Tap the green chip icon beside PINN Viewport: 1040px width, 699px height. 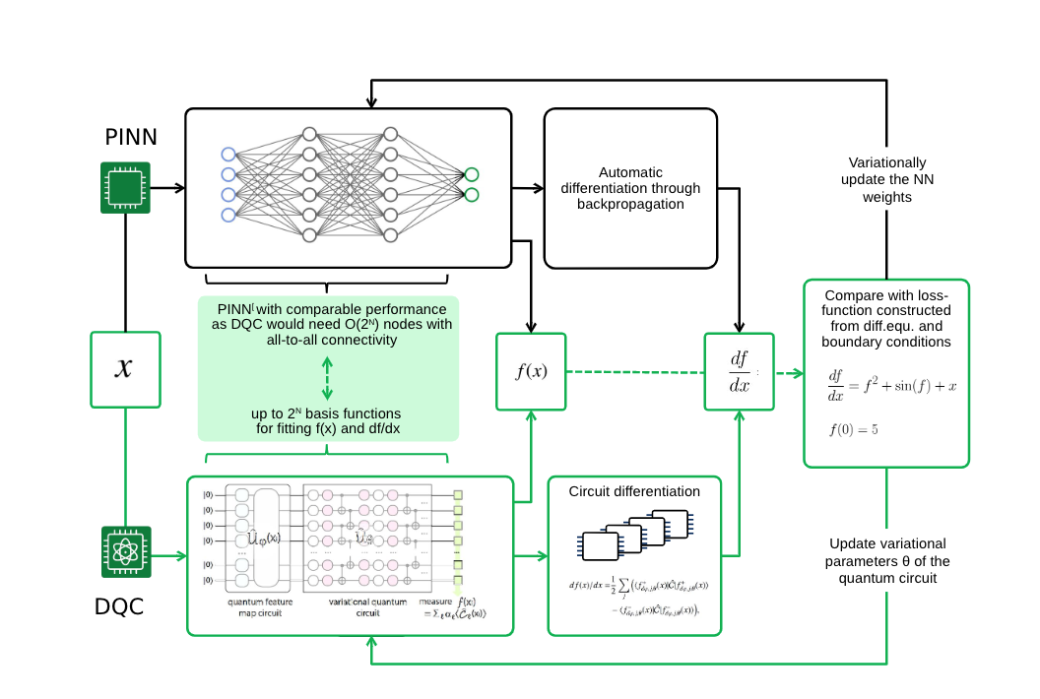pyautogui.click(x=125, y=187)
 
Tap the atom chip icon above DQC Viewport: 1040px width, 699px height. pyautogui.click(x=125, y=552)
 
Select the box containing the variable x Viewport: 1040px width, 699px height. pyautogui.click(x=125, y=369)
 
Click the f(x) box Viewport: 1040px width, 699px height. pyautogui.click(x=531, y=371)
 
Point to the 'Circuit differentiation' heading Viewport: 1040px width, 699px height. pyautogui.click(x=634, y=491)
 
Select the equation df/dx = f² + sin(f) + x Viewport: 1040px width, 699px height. pyautogui.click(x=892, y=385)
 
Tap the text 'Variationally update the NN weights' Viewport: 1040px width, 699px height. pyautogui.click(x=886, y=180)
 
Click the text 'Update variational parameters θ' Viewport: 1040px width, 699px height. pyautogui.click(x=887, y=561)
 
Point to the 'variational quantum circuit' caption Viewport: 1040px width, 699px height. pyautogui.click(x=354, y=607)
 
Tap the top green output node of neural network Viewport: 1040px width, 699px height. pyautogui.click(x=472, y=174)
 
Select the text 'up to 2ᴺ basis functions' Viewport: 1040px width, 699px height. pyautogui.click(x=326, y=413)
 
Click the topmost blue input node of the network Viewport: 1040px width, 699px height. pyautogui.click(x=228, y=154)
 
